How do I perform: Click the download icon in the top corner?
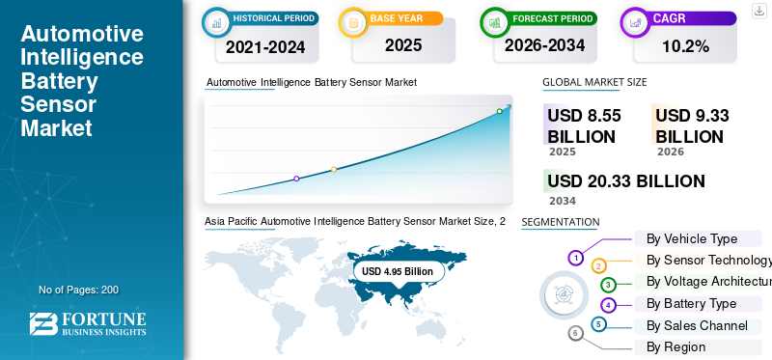pyautogui.click(x=758, y=12)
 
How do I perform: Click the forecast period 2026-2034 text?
pyautogui.click(x=546, y=44)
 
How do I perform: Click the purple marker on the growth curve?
pyautogui.click(x=296, y=179)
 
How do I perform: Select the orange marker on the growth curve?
pyautogui.click(x=334, y=170)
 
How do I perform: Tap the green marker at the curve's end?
pyautogui.click(x=499, y=111)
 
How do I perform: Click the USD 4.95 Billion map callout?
pyautogui.click(x=398, y=271)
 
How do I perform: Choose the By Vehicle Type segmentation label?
pyautogui.click(x=692, y=238)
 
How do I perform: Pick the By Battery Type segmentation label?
pyautogui.click(x=691, y=303)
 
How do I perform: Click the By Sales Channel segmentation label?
pyautogui.click(x=697, y=325)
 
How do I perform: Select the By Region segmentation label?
pyautogui.click(x=675, y=346)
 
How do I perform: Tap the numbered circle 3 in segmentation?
pyautogui.click(x=608, y=285)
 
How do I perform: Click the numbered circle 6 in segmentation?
pyautogui.click(x=576, y=334)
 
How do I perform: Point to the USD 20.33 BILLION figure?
pyautogui.click(x=625, y=181)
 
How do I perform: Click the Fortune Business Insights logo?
pyautogui.click(x=88, y=324)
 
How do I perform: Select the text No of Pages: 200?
pyautogui.click(x=78, y=290)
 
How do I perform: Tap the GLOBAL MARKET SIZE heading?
pyautogui.click(x=594, y=82)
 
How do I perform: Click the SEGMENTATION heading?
pyautogui.click(x=561, y=222)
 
